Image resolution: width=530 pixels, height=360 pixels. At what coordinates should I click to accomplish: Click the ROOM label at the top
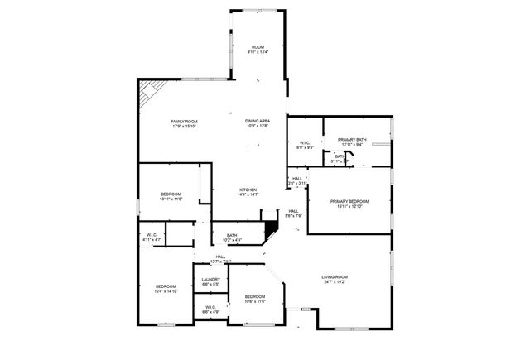tap(257, 46)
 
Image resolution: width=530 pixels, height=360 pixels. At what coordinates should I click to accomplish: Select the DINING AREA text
tap(257, 121)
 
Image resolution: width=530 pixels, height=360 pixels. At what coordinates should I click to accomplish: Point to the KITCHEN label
tap(248, 190)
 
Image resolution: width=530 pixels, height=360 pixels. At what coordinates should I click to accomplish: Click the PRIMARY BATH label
tap(352, 140)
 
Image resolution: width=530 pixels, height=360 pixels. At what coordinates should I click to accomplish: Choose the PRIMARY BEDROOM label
tap(349, 201)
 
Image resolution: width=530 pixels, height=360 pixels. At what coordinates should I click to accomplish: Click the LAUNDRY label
tap(210, 280)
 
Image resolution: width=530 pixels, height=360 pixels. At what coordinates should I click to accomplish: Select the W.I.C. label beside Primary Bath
tap(305, 143)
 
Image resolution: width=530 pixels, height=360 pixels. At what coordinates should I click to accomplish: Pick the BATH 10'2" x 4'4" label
tap(232, 236)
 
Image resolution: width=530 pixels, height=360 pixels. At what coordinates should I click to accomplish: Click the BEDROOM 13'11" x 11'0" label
tap(171, 194)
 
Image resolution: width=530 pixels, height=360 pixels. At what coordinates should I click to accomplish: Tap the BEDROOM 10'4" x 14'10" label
tap(166, 286)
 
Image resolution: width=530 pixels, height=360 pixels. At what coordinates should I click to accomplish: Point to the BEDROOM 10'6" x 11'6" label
tap(254, 296)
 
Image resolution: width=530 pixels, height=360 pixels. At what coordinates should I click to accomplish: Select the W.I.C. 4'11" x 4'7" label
tap(152, 234)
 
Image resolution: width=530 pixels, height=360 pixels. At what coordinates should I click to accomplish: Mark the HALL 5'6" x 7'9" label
tap(293, 211)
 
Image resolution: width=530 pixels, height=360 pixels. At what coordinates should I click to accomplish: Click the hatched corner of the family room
tap(147, 93)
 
